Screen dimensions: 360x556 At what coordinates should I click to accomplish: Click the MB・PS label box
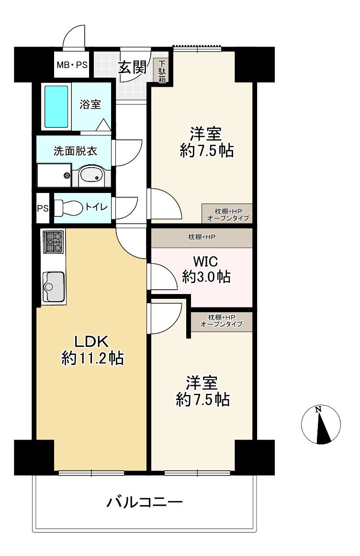[72, 65]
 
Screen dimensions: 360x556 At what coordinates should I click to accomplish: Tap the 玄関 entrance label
[132, 67]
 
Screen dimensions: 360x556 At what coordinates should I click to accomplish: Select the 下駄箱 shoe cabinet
[162, 71]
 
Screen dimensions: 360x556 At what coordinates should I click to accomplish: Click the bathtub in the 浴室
[56, 106]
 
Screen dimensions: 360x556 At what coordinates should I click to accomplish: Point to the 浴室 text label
[90, 104]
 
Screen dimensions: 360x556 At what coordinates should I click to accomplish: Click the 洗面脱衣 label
[75, 151]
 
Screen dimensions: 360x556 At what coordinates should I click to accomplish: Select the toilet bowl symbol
[68, 207]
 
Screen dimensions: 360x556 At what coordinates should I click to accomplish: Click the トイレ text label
[96, 206]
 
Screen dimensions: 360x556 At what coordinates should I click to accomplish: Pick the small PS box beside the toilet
[43, 208]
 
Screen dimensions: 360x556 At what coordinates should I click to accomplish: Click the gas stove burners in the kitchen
[53, 242]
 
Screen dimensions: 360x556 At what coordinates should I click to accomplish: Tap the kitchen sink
[54, 287]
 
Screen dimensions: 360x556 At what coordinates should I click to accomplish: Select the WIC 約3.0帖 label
[206, 269]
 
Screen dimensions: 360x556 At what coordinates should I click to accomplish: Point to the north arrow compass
[321, 424]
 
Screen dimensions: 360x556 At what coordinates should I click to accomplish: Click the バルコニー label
[145, 502]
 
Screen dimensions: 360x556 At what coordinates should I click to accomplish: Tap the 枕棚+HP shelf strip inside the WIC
[202, 237]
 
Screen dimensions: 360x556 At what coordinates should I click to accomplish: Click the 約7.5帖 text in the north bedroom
[207, 151]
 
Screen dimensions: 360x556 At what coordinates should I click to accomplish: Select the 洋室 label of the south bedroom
[202, 383]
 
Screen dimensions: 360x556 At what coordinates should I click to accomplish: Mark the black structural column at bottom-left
[34, 457]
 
